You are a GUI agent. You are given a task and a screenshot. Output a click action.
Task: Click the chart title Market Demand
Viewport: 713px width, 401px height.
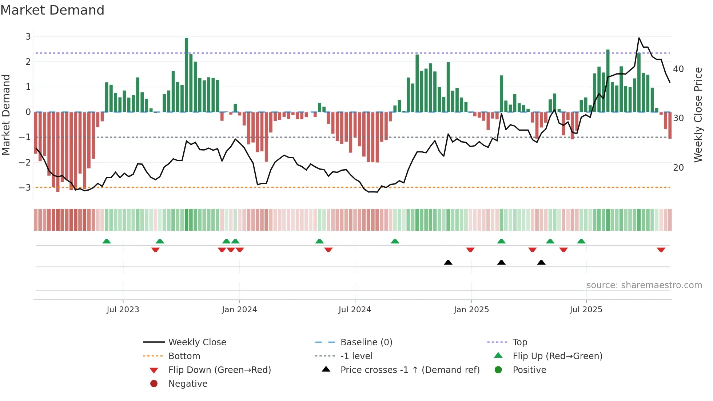(x=52, y=10)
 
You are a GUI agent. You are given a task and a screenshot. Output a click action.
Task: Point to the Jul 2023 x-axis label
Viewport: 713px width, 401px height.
(x=123, y=310)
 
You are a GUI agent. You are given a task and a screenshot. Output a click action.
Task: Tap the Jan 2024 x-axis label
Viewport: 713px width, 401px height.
(x=239, y=310)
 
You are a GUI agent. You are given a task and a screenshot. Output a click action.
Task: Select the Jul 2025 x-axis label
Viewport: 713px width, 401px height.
(x=586, y=310)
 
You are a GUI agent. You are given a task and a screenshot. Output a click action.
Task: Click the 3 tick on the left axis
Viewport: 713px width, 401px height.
(x=28, y=36)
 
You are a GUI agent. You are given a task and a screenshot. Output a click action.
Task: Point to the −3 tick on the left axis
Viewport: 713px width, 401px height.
(x=25, y=188)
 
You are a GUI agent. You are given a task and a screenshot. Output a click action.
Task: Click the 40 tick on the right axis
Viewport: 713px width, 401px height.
(x=678, y=69)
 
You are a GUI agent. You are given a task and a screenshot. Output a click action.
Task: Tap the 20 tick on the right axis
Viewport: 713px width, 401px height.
(x=678, y=168)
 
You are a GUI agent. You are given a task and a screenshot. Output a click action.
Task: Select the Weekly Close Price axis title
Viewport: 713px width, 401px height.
(x=698, y=115)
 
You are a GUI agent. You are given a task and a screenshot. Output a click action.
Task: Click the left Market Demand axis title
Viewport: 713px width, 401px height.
(x=6, y=115)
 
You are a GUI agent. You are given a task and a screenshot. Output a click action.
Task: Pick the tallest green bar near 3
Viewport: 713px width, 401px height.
(x=187, y=75)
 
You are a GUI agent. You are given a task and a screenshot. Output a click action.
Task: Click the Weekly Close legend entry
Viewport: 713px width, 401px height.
(x=197, y=342)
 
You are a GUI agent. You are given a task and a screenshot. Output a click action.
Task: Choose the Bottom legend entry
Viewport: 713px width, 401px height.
(x=184, y=356)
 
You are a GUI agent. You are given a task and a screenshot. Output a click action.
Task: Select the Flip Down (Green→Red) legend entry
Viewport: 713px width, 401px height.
(x=219, y=370)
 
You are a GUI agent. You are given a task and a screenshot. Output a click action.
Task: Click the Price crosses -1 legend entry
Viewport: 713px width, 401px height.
(x=410, y=370)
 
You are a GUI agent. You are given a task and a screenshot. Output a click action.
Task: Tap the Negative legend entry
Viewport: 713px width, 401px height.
(x=188, y=384)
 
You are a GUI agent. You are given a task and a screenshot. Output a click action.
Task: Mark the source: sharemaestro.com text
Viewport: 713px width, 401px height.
(x=644, y=285)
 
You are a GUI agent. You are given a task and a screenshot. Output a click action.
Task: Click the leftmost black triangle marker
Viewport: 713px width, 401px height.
(x=448, y=262)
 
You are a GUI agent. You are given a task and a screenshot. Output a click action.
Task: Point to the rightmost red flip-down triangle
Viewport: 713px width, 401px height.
(x=661, y=250)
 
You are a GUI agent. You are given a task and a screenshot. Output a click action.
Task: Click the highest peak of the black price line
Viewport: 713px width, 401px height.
(x=639, y=38)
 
